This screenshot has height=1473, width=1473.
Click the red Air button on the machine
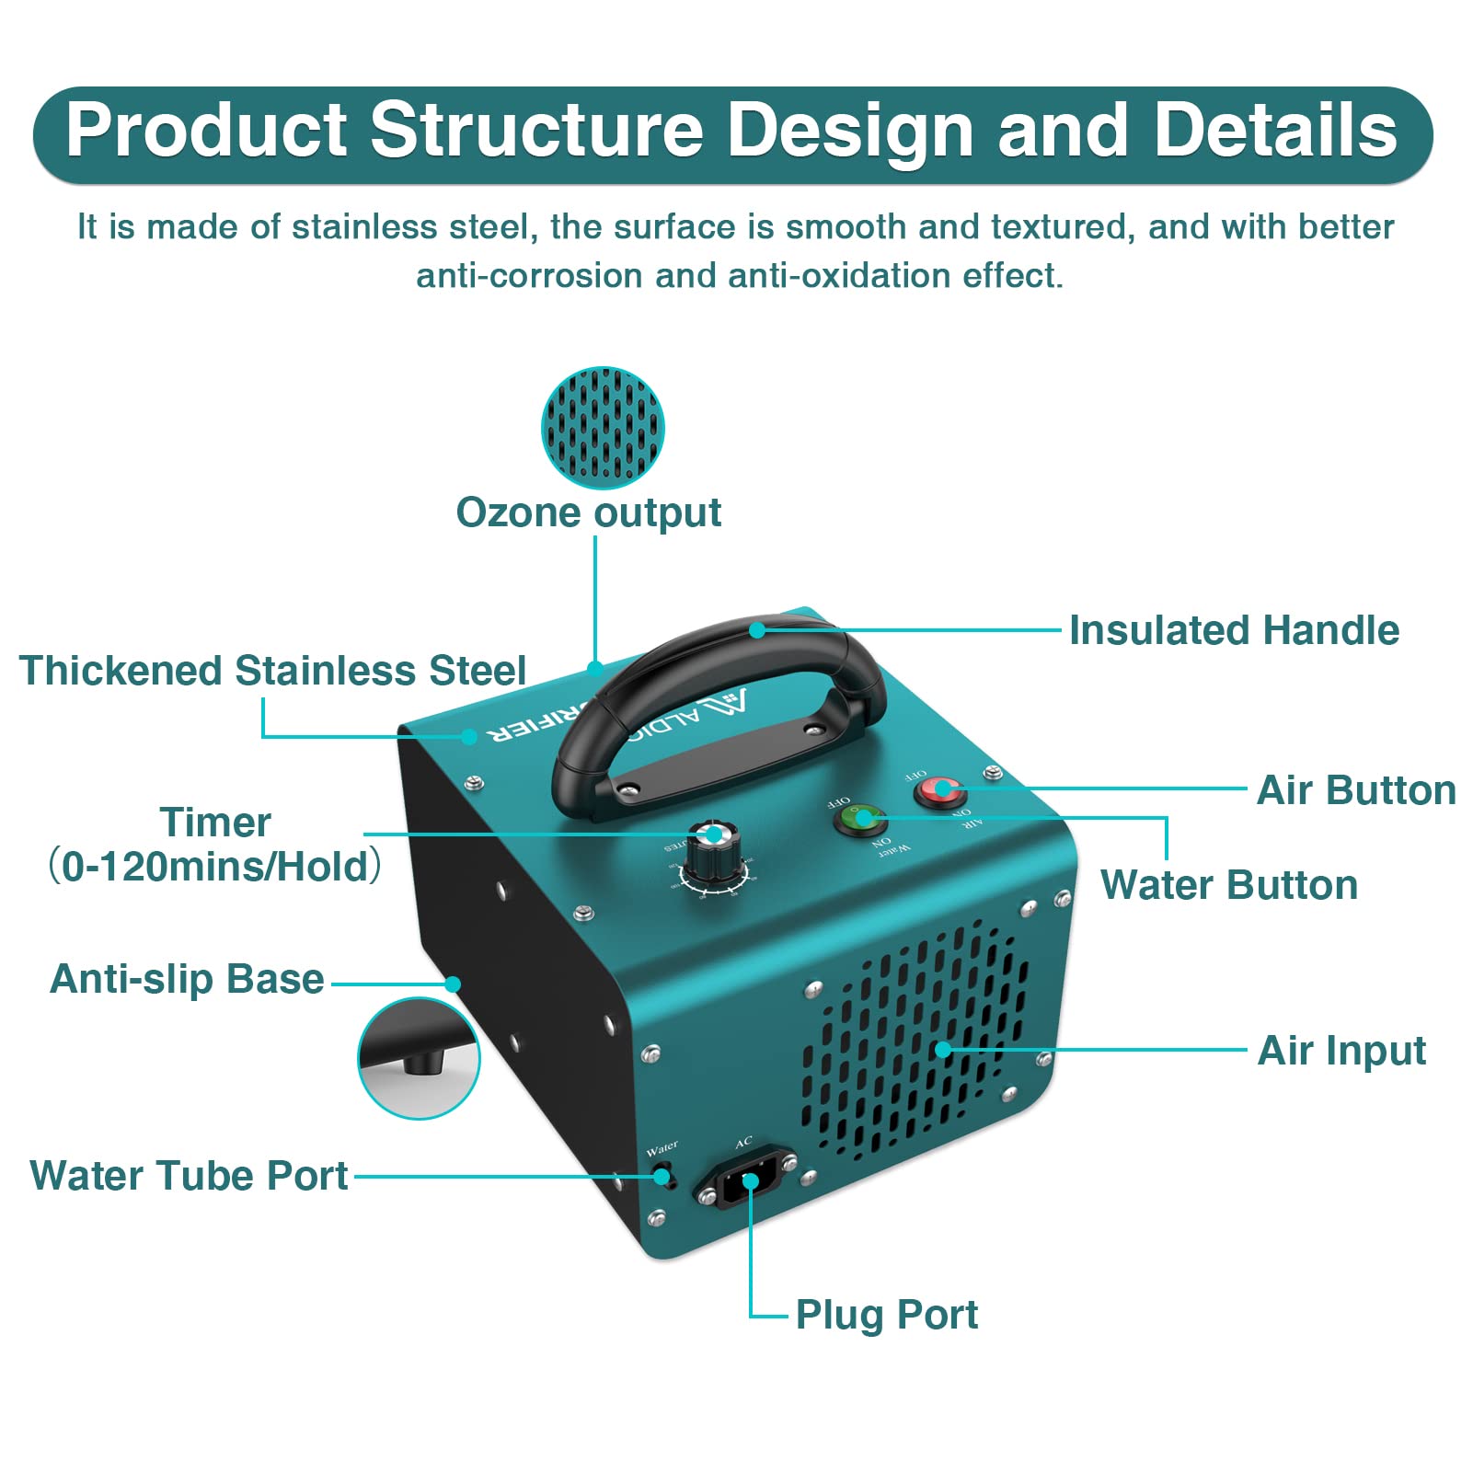tap(938, 790)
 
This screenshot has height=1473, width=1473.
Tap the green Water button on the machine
tap(860, 818)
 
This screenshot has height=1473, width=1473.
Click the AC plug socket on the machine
tap(747, 1181)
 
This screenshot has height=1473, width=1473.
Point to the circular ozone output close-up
tap(603, 428)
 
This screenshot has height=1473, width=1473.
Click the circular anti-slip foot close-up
tap(419, 1058)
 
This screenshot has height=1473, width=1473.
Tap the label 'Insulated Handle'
tap(1234, 631)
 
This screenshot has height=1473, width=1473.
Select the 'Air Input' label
tap(1341, 1051)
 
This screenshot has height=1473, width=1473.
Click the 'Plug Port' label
tap(886, 1315)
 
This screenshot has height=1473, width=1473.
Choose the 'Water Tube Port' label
tap(189, 1176)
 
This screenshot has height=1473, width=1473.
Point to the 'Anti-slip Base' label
tap(187, 979)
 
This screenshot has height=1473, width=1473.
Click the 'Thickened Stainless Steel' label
tap(272, 671)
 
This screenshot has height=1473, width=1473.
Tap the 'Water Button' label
tap(1229, 885)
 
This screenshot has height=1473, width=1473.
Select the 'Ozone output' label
tap(589, 513)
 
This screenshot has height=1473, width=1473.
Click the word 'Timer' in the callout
tap(215, 823)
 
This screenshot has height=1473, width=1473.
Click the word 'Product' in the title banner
tap(206, 130)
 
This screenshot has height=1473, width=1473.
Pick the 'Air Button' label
tap(1356, 791)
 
